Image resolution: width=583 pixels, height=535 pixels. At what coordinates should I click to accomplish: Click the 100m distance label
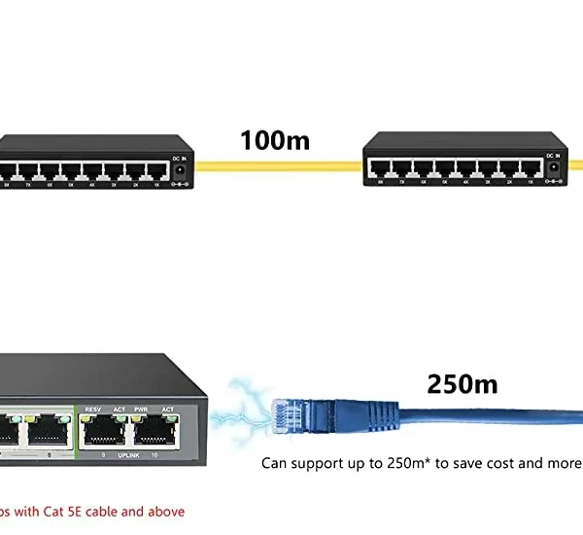tap(275, 140)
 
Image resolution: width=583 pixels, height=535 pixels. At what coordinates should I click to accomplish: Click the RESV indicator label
tap(93, 410)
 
